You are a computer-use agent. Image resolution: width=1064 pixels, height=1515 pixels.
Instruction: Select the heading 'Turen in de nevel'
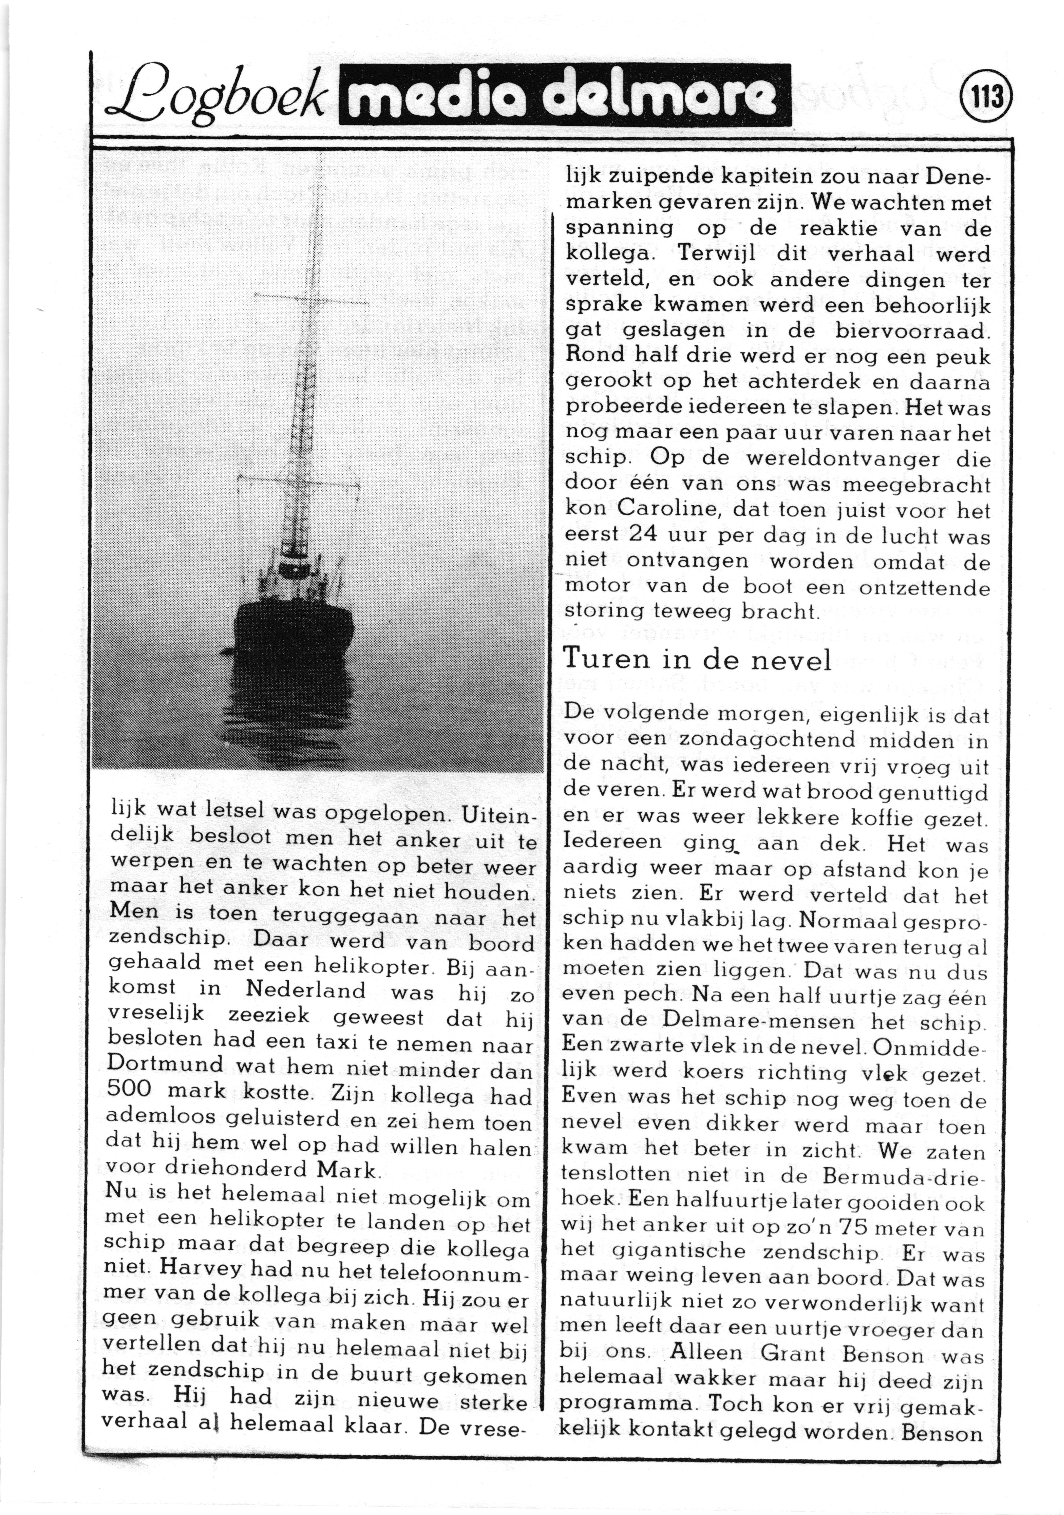(696, 658)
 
